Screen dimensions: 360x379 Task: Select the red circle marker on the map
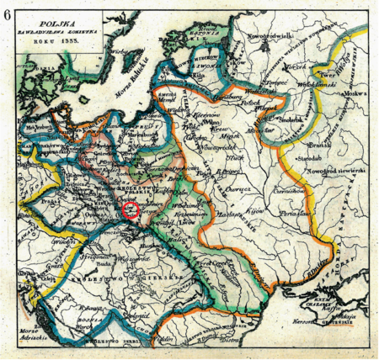pos(131,210)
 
